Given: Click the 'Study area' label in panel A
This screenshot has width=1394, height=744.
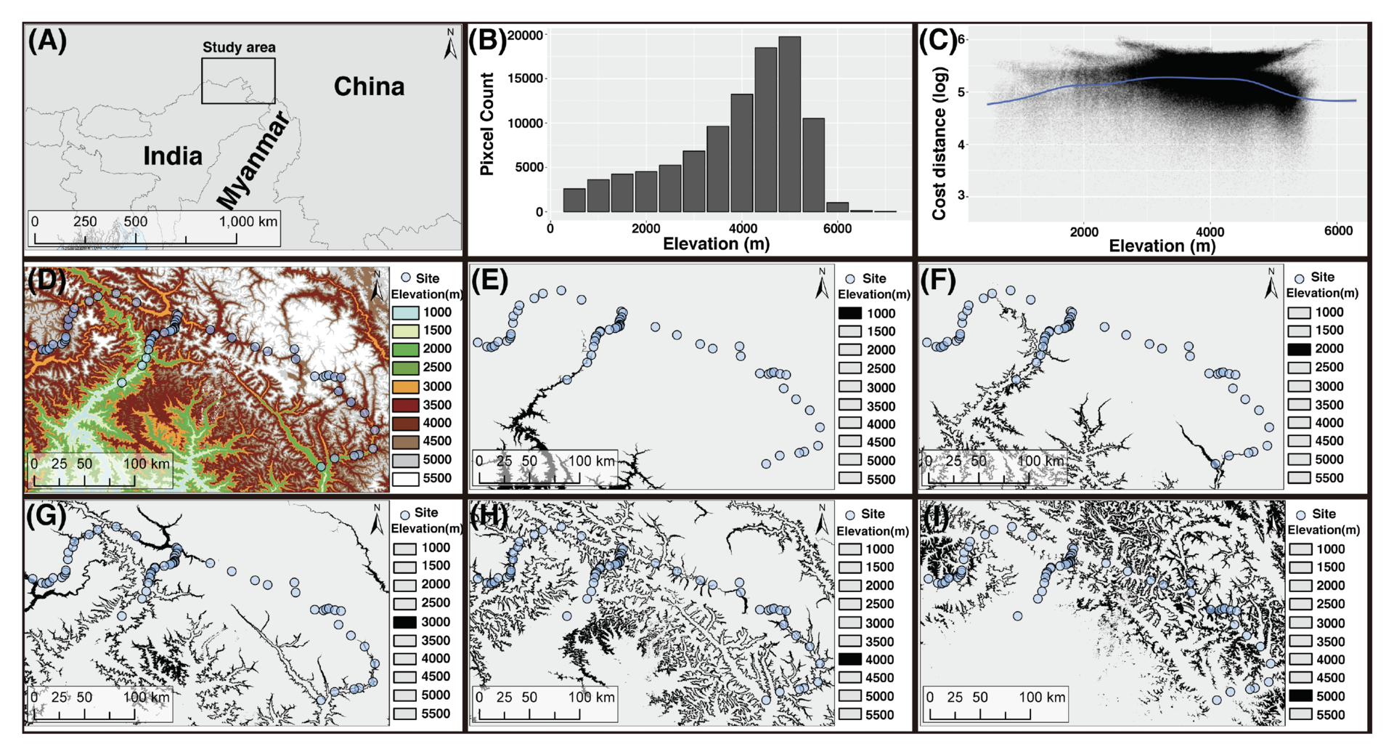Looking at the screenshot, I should pyautogui.click(x=239, y=47).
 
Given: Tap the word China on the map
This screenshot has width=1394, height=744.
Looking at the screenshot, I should pyautogui.click(x=369, y=86).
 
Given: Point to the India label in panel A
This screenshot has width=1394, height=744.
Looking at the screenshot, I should pyautogui.click(x=173, y=155).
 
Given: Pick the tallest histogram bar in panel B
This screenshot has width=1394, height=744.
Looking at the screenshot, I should pyautogui.click(x=789, y=124).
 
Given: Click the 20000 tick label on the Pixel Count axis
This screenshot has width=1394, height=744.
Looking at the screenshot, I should pyautogui.click(x=525, y=35).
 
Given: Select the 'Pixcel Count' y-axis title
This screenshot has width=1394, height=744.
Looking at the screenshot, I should pyautogui.click(x=486, y=124).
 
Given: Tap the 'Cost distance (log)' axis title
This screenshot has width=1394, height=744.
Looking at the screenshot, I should pyautogui.click(x=939, y=143).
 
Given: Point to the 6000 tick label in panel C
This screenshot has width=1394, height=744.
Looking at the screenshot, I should pyautogui.click(x=1338, y=231).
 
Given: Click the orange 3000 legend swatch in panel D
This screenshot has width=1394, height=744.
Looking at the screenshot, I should pyautogui.click(x=405, y=387).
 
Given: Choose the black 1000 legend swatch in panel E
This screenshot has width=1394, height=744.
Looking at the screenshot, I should pyautogui.click(x=850, y=313).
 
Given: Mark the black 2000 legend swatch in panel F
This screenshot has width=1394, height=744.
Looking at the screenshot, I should pyautogui.click(x=1299, y=349).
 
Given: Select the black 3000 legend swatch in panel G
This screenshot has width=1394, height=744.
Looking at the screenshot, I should pyautogui.click(x=404, y=622).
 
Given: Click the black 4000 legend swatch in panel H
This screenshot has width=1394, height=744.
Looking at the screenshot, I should pyautogui.click(x=850, y=660).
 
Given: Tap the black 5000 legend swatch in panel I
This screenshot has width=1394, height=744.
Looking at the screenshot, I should pyautogui.click(x=1300, y=696).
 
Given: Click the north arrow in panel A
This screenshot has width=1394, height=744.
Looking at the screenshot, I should pyautogui.click(x=450, y=45).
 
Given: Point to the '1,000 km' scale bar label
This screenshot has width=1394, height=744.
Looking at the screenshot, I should pyautogui.click(x=248, y=221).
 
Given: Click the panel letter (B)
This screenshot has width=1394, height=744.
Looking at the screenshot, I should pyautogui.click(x=486, y=40).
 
